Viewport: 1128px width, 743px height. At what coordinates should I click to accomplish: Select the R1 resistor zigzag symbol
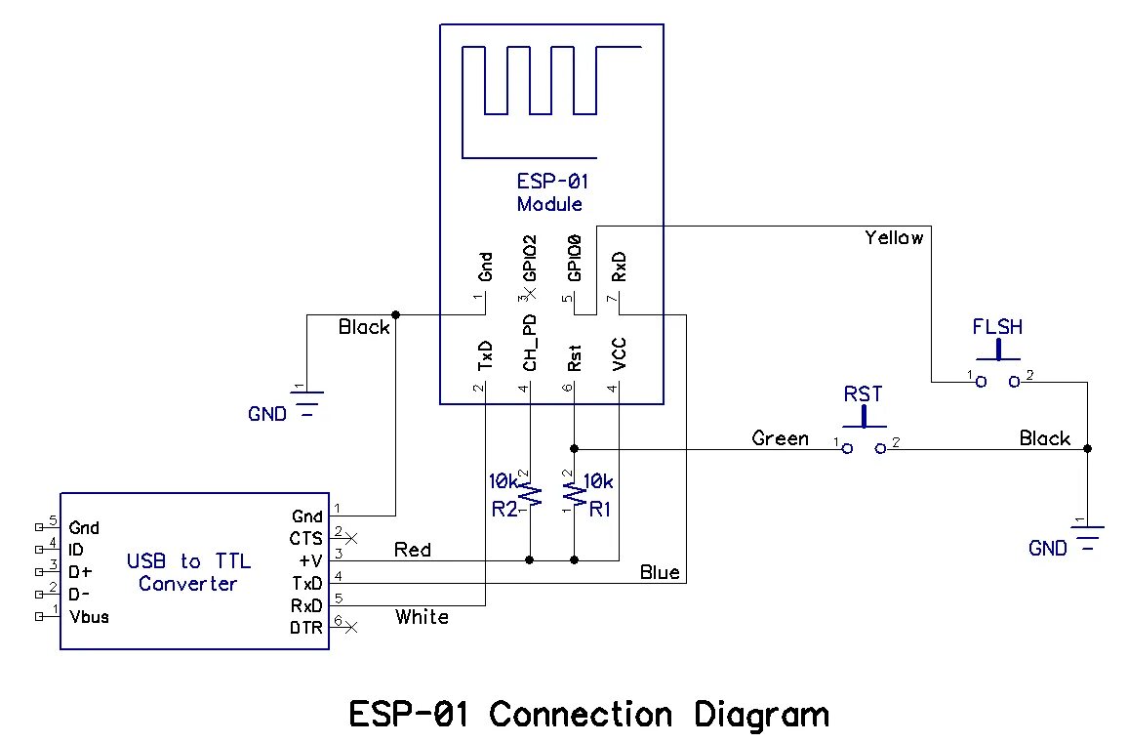[x=575, y=493]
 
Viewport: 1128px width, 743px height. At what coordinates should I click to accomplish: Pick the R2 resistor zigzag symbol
[x=530, y=493]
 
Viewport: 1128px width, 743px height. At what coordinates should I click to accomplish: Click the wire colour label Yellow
[x=893, y=237]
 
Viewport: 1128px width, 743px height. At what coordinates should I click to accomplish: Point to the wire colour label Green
[x=780, y=438]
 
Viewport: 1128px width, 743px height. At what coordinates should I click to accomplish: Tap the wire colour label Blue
[x=660, y=572]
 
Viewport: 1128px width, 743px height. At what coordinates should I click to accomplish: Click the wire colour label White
[x=422, y=616]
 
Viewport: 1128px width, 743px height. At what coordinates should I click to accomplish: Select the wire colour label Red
[x=413, y=550]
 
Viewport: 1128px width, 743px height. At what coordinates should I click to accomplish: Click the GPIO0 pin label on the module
[x=575, y=258]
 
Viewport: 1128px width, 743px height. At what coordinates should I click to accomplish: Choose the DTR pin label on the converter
[x=306, y=628]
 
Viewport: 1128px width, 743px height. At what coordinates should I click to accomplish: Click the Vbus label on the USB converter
[x=89, y=616]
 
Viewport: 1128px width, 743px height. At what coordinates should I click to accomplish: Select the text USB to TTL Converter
[x=188, y=572]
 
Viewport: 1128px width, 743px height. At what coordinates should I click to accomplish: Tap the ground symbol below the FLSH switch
[x=1087, y=537]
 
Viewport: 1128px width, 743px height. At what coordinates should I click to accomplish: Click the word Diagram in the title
[x=761, y=715]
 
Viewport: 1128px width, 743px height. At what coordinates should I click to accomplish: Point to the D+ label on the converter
[x=82, y=572]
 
